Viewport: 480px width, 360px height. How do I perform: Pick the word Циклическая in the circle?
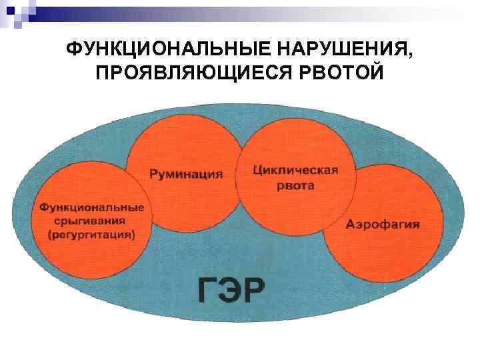pos(296,169)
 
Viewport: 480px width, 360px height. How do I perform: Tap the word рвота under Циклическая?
pos(295,186)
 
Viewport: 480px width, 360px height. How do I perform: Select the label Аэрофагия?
pos(383,224)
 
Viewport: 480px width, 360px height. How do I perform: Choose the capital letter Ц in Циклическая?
pos(259,170)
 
